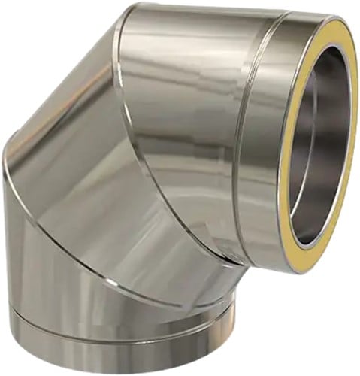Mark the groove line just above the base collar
pos(113,325)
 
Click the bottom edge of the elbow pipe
pos(120,366)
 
